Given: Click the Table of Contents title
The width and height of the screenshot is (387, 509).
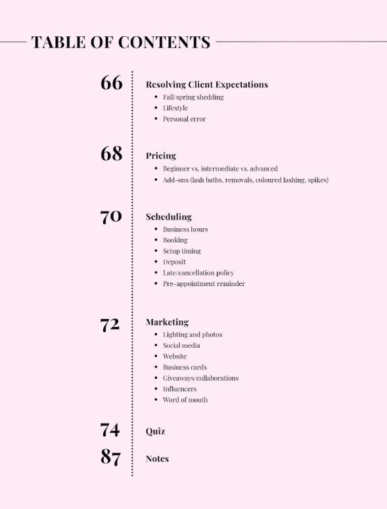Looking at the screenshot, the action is tap(121, 43).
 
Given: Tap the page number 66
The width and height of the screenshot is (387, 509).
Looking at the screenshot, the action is tap(112, 83).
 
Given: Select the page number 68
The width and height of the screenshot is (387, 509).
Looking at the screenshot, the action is tap(112, 154).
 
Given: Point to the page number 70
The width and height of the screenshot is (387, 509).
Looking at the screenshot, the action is tap(111, 216).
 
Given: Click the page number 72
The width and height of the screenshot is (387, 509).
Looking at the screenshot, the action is tap(110, 324).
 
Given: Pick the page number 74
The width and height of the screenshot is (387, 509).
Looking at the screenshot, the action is tap(110, 430).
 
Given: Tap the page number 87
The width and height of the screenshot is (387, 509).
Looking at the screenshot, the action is tap(110, 457).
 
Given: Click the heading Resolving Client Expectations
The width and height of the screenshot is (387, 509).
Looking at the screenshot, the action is tap(207, 85).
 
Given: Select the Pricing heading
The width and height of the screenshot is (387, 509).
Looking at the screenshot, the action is tap(161, 156).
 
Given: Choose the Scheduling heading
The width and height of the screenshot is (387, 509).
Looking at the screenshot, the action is tap(169, 216).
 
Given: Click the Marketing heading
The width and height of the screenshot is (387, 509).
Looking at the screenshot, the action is tap(167, 322).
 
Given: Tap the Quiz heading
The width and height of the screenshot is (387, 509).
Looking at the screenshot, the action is tap(155, 431).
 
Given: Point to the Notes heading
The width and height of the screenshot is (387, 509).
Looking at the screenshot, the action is tap(157, 459).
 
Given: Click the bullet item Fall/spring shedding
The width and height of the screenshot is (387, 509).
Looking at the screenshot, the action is tap(193, 97).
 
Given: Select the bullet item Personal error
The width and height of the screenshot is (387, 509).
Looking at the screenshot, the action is tap(184, 119).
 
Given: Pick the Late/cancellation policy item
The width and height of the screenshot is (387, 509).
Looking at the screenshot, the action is tap(198, 273).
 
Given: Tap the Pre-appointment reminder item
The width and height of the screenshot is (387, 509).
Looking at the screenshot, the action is tap(204, 284).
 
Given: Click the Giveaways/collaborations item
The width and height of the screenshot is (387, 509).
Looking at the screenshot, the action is tap(200, 378).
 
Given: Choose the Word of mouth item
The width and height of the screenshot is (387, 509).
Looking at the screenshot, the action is tap(185, 400).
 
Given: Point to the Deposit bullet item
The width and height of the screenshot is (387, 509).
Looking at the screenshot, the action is tap(174, 262).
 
